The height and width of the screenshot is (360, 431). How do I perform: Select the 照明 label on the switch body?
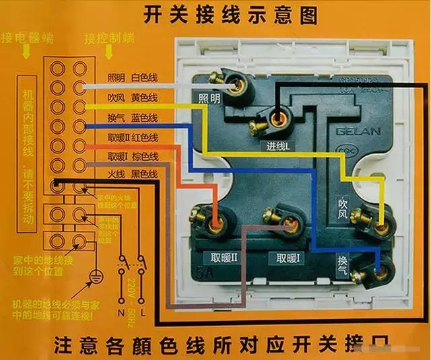[x=209, y=98]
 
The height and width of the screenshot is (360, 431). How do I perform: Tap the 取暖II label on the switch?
[x=224, y=259]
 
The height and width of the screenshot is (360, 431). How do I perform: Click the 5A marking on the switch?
[x=203, y=274]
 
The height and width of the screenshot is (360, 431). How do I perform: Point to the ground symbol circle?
[x=95, y=277]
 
